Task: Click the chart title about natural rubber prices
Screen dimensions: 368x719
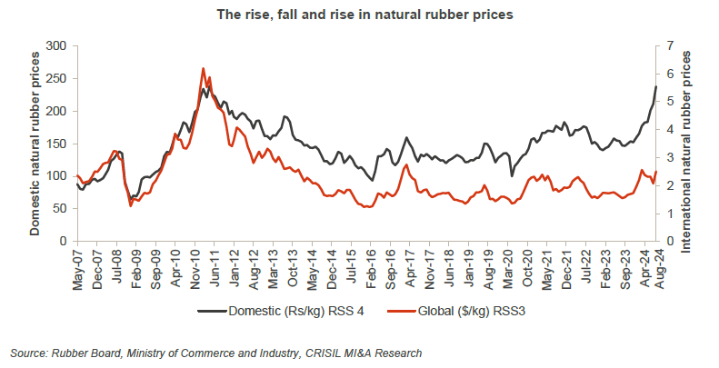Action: tap(359, 15)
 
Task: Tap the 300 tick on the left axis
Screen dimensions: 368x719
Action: tap(57, 45)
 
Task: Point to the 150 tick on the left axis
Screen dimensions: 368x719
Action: tap(57, 144)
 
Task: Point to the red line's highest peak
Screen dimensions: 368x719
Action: tap(203, 69)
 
